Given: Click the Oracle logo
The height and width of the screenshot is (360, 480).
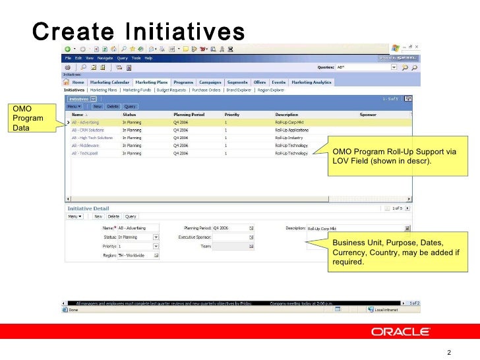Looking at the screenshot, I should point(401,332).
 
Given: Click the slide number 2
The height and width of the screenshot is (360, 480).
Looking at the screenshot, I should point(449,352).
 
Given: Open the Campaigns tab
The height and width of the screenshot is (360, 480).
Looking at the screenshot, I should point(210,82).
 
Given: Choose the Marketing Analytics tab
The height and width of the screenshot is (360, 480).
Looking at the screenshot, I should point(311,82).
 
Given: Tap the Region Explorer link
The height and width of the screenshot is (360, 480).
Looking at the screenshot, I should point(270,89).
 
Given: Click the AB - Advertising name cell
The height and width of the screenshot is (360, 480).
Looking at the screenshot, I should point(85,122).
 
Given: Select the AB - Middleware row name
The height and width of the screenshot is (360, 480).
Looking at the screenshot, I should point(84,145).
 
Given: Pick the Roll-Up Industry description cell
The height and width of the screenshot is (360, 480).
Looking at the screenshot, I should point(287,138).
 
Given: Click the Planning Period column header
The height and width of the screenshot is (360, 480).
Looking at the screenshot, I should point(189,114).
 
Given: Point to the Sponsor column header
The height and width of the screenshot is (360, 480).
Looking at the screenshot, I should point(368,114).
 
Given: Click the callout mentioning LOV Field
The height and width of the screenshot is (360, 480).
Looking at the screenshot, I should point(394,156).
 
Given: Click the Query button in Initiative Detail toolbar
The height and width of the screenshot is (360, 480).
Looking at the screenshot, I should point(131,216).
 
